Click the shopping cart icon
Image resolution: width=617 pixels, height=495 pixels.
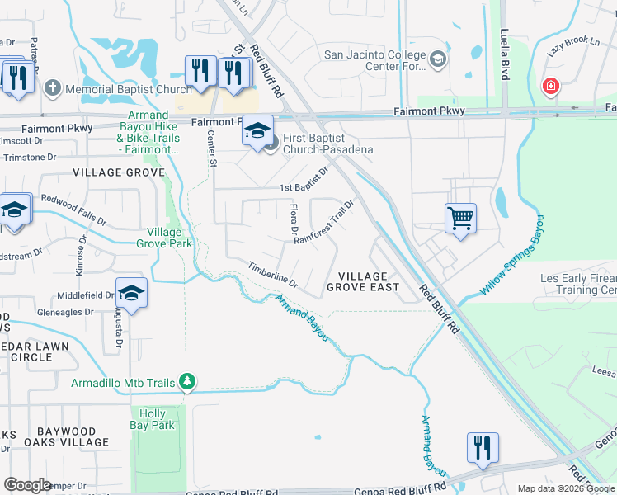(460, 219)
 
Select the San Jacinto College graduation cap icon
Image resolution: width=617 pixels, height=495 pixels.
(437, 59)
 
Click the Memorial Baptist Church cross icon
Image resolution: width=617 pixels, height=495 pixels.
(52, 87)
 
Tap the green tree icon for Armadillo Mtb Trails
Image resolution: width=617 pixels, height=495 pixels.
(188, 382)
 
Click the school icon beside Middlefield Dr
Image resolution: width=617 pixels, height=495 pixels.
(132, 293)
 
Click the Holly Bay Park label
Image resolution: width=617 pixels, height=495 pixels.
(153, 419)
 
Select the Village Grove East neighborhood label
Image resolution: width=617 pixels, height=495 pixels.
(363, 281)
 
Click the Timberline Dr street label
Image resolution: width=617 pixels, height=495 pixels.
(273, 279)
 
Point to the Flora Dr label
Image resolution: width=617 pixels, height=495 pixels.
(291, 219)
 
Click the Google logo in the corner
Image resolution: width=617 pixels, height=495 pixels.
(27, 484)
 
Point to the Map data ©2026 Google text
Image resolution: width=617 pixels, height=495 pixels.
(566, 488)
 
